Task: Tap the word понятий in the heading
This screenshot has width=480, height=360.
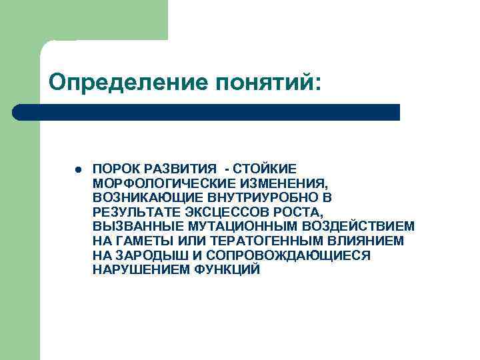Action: (x=266, y=82)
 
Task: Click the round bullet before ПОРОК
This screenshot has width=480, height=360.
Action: (x=79, y=169)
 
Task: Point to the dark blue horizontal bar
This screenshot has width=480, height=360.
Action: (x=207, y=111)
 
